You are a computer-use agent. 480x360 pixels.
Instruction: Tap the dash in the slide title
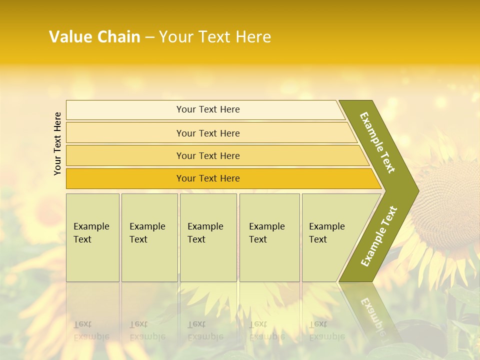click(149, 37)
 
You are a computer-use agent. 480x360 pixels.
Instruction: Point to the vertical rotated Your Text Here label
click(57, 143)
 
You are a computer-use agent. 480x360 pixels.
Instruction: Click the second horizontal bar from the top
click(208, 133)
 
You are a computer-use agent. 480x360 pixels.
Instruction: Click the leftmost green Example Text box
click(92, 237)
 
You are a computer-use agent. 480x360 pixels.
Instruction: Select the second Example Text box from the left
click(149, 237)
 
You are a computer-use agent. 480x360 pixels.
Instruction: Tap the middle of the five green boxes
click(208, 237)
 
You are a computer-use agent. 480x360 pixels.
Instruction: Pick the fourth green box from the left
click(269, 237)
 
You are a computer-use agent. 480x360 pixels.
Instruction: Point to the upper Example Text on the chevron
click(377, 142)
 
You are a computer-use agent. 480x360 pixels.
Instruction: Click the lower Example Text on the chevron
click(379, 236)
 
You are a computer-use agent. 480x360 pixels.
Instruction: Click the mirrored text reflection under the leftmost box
click(91, 330)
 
